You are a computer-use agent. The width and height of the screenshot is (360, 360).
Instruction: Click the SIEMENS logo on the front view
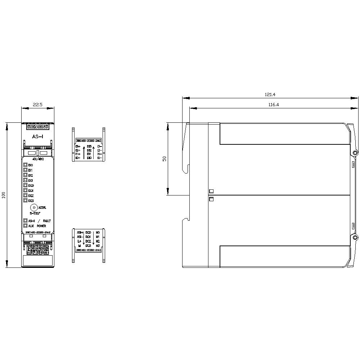37,127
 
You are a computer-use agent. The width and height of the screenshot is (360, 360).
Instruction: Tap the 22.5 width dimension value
38,105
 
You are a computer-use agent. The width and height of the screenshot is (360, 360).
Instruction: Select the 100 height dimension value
4,195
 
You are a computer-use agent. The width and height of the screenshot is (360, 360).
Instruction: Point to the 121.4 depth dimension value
270,95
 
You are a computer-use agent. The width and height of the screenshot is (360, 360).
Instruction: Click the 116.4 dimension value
274,105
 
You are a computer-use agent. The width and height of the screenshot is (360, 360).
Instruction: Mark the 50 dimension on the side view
165,159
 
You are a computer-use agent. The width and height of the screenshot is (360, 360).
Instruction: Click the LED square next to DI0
26,165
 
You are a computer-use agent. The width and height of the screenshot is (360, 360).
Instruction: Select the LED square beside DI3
26,180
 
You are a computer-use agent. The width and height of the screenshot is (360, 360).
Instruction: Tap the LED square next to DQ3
26,200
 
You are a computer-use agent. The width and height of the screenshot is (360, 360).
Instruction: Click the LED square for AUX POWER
26,226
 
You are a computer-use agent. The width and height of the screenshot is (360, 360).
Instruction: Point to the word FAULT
47,221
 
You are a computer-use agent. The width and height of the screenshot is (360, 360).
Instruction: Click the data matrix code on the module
37,248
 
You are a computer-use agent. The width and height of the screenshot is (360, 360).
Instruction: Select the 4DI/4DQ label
38,159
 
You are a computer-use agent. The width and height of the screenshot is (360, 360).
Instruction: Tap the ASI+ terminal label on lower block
80,233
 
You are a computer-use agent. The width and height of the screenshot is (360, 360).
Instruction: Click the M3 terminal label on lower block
98,246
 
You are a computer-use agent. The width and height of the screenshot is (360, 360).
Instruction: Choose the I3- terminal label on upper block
99,147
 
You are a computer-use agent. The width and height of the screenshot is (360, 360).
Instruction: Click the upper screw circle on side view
355,153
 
